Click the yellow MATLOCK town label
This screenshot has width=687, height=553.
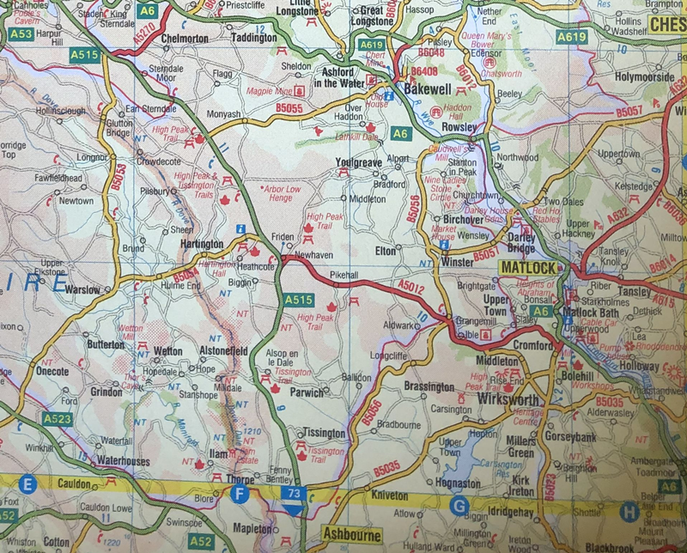point(528,267)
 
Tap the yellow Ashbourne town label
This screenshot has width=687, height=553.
point(351,534)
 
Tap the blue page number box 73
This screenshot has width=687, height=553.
point(294,494)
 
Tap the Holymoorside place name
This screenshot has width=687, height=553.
point(645,77)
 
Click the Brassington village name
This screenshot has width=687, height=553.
point(429,386)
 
